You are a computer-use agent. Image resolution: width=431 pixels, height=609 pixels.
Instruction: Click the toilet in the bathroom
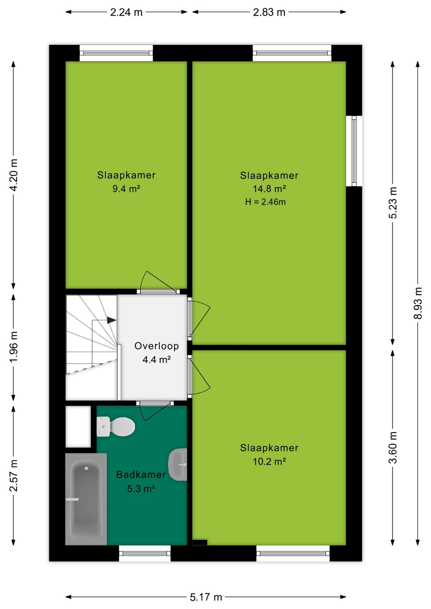click(x=116, y=426)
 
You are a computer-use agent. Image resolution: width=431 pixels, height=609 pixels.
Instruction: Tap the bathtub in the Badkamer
click(x=86, y=499)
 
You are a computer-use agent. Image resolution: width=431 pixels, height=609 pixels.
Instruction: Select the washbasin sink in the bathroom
click(x=178, y=464)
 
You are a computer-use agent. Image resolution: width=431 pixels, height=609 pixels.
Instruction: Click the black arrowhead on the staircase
click(x=111, y=320)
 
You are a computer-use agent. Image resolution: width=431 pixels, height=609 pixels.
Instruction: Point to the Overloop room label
click(x=156, y=346)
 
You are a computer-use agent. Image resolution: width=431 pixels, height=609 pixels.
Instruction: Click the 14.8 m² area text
click(x=269, y=189)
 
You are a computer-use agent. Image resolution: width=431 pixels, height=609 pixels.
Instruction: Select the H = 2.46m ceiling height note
click(x=265, y=202)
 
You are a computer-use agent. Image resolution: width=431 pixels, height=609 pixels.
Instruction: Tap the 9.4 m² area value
click(x=126, y=189)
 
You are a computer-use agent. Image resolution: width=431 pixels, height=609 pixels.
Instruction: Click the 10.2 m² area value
click(x=269, y=461)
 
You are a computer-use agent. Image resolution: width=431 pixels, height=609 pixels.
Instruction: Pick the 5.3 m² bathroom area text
click(x=141, y=488)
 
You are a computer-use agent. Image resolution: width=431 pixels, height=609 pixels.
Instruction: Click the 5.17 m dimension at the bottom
click(x=206, y=597)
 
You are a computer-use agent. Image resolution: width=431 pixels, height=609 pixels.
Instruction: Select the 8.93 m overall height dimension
click(x=418, y=303)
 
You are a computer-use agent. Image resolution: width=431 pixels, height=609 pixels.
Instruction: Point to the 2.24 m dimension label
click(x=126, y=12)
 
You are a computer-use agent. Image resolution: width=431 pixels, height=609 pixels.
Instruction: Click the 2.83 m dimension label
click(x=269, y=12)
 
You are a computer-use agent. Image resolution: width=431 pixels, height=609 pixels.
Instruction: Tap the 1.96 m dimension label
click(x=13, y=347)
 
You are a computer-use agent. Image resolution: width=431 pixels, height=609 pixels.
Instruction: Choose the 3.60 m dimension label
click(x=393, y=448)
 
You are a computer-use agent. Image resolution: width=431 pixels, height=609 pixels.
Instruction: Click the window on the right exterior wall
click(x=354, y=151)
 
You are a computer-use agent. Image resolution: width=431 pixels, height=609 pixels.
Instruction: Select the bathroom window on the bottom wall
click(x=145, y=553)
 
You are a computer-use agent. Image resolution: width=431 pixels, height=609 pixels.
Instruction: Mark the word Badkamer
click(x=141, y=475)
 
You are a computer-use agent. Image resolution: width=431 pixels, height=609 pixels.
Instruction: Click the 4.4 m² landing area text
click(x=156, y=359)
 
